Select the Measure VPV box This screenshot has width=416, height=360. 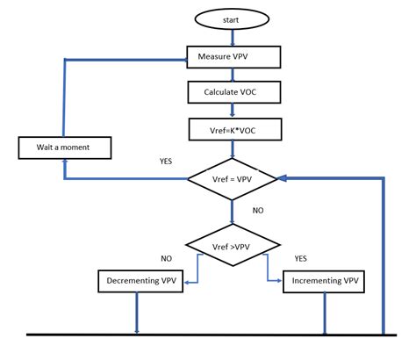[x=233, y=57]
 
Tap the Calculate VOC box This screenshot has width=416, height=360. [x=233, y=91]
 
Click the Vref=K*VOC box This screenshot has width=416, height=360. [x=233, y=129]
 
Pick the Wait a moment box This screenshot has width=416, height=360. [x=65, y=147]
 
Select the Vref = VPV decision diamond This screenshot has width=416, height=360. [x=233, y=178]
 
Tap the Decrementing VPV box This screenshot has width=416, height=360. [x=138, y=281]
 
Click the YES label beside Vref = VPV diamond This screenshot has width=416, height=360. [x=165, y=162]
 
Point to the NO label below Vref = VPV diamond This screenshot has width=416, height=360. [x=258, y=211]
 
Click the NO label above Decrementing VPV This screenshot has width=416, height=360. [x=166, y=258]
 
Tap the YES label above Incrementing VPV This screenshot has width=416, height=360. [x=301, y=258]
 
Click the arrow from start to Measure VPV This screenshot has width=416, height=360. [x=233, y=37]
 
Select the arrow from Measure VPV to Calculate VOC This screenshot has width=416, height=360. [x=233, y=75]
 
